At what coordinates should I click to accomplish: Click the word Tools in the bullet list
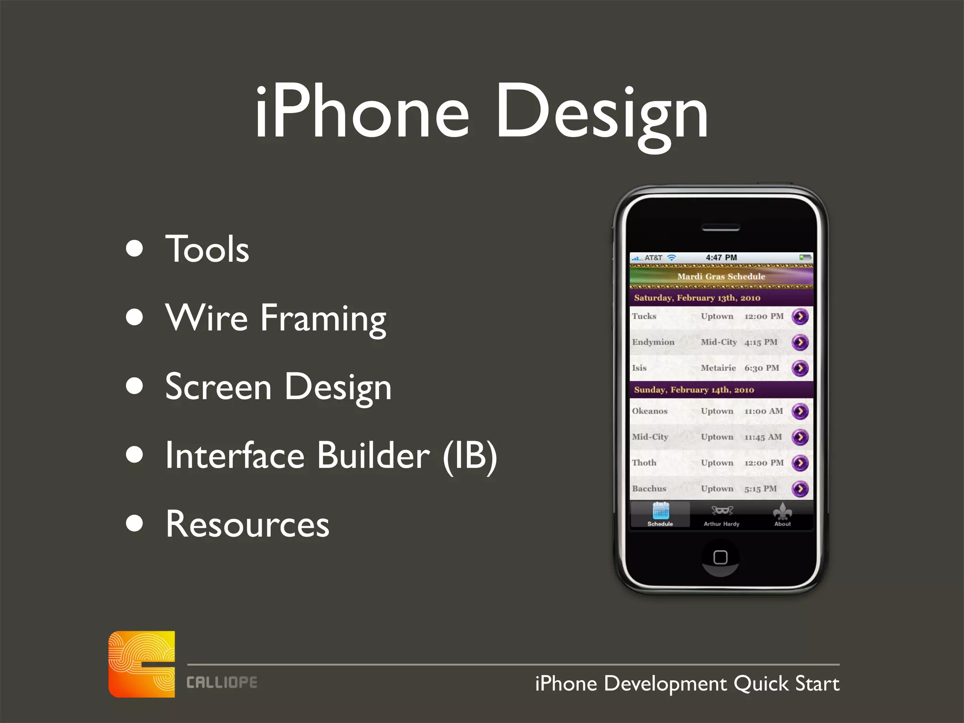[x=207, y=249]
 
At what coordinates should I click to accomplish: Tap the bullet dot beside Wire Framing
[x=135, y=317]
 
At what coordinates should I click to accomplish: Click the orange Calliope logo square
[x=142, y=664]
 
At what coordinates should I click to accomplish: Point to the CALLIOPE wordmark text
[x=222, y=683]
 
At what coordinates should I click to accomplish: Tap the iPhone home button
[x=720, y=557]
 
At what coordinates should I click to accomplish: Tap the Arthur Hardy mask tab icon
[x=722, y=511]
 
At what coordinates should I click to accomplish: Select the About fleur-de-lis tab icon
[x=782, y=511]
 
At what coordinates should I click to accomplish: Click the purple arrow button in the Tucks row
[x=800, y=316]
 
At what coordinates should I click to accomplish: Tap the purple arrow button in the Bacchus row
[x=800, y=489]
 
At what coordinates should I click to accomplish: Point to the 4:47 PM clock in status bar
[x=721, y=257]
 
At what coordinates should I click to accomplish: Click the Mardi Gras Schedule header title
[x=721, y=276]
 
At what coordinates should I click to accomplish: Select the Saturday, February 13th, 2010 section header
[x=697, y=297]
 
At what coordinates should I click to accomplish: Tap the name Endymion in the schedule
[x=653, y=342]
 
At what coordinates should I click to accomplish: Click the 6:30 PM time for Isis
[x=762, y=368]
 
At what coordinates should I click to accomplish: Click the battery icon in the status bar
[x=805, y=257]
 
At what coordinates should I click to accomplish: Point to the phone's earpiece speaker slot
[x=721, y=228]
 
